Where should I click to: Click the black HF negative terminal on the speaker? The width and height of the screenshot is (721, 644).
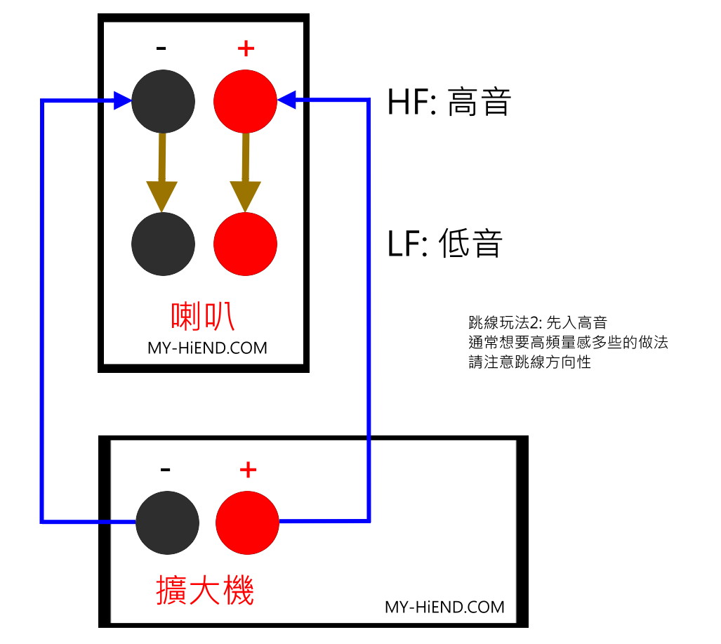tap(164, 101)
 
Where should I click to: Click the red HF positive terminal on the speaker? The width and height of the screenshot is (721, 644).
tap(245, 101)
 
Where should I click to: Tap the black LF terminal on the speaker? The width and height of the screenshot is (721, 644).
tap(164, 244)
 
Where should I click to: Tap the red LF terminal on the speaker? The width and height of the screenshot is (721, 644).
tap(245, 244)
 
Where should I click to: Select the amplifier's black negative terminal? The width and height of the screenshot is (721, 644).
tap(167, 523)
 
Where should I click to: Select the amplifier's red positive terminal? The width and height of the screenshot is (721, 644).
tap(247, 523)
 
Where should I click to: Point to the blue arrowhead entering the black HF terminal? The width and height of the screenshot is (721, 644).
tap(122, 100)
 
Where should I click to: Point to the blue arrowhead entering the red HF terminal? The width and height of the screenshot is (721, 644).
tap(286, 100)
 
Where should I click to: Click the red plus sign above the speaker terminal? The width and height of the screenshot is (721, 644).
tap(246, 48)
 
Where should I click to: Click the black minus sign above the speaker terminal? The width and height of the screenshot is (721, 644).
tap(161, 48)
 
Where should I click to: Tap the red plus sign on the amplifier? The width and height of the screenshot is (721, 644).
tap(249, 470)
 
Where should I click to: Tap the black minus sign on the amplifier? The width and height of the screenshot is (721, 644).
tap(166, 470)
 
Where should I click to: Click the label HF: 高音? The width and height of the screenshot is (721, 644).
tap(449, 102)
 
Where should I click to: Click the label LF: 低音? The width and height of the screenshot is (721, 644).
tap(444, 243)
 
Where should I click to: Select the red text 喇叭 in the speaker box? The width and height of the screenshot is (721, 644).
tap(203, 316)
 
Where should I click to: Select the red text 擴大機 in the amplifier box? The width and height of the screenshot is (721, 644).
tap(205, 590)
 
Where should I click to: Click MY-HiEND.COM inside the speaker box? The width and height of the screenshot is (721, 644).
tap(207, 348)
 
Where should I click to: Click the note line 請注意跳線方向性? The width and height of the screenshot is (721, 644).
tap(530, 362)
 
